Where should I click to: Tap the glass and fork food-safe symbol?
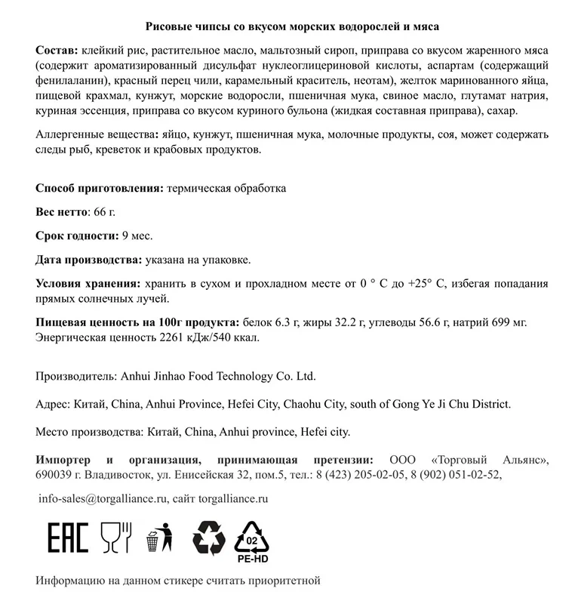tap(116, 538)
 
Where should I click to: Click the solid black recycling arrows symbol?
tap(209, 538)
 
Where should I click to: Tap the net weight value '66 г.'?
tap(103, 211)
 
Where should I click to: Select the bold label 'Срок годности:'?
tap(77, 236)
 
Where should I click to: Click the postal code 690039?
tap(56, 475)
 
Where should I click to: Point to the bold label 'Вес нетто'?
tap(62, 211)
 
